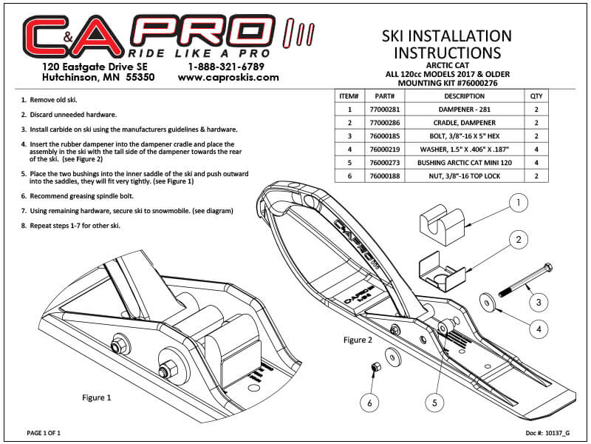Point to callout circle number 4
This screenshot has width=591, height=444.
point(541,328)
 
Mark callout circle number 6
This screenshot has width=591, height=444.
point(370,403)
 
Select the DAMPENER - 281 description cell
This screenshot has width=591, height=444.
point(464,109)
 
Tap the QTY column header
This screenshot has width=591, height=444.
point(536,95)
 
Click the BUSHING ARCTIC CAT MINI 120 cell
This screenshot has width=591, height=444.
point(464,163)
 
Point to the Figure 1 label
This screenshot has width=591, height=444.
point(96,397)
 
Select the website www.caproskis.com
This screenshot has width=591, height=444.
point(228,77)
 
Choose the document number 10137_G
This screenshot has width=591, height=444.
point(547,431)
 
